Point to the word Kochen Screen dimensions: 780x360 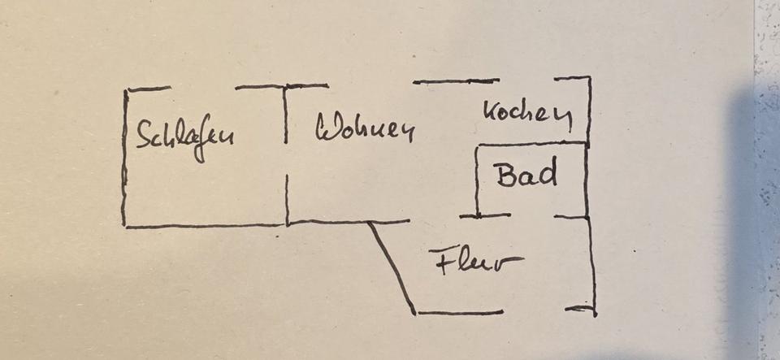[527, 114]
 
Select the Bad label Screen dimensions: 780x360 [526, 175]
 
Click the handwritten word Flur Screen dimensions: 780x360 [476, 262]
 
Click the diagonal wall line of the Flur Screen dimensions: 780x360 [392, 267]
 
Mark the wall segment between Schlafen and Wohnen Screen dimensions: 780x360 [286, 154]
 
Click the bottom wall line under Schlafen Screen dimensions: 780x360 [203, 225]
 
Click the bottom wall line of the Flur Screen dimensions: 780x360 [459, 313]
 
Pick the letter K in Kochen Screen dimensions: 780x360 [491, 111]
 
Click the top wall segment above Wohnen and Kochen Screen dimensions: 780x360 [455, 81]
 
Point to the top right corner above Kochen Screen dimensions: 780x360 [589, 79]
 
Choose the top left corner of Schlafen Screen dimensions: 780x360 [127, 90]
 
